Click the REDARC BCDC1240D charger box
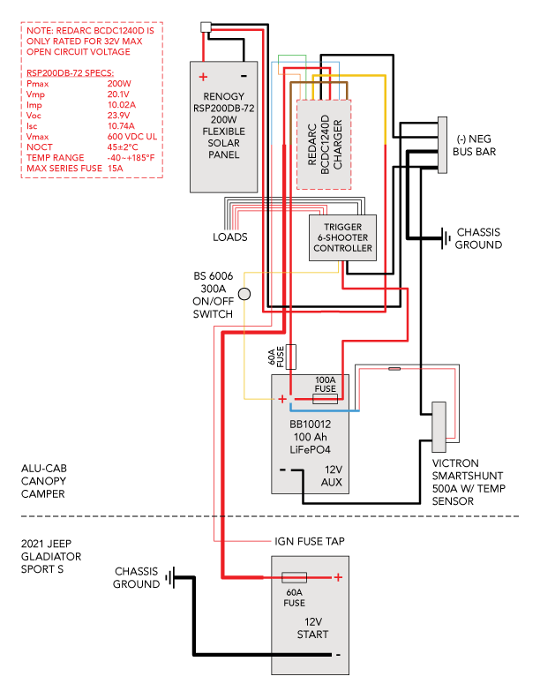coord(324,144)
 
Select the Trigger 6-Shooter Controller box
coord(343,237)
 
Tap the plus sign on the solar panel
coord(203,77)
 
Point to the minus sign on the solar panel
coord(243,76)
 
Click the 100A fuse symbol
coord(325,399)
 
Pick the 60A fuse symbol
coord(294,577)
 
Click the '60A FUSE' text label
coord(294,598)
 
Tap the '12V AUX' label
coord(332,477)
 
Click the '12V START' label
coord(312,628)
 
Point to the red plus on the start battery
coord(337,577)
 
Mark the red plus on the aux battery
coord(282,399)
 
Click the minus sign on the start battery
coord(337,655)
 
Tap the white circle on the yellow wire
coord(244,294)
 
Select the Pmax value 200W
coord(119,84)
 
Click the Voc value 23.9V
coord(119,116)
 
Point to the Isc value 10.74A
coord(121,126)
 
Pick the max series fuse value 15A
coord(116,168)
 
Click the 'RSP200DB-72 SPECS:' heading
coord(71,73)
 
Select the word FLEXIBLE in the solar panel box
coord(224,131)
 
